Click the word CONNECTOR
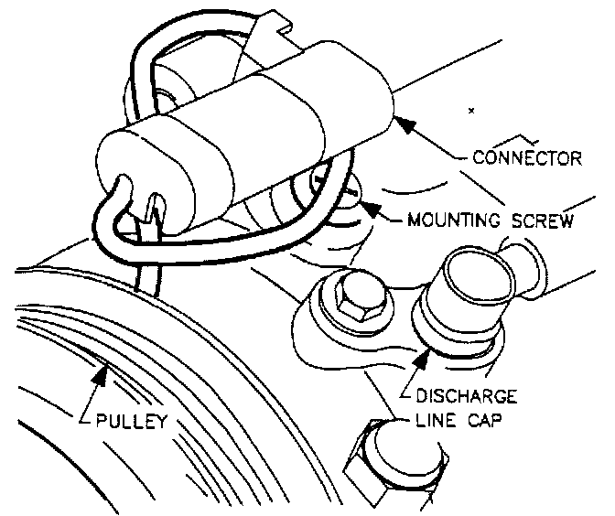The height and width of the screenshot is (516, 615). tap(526, 157)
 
